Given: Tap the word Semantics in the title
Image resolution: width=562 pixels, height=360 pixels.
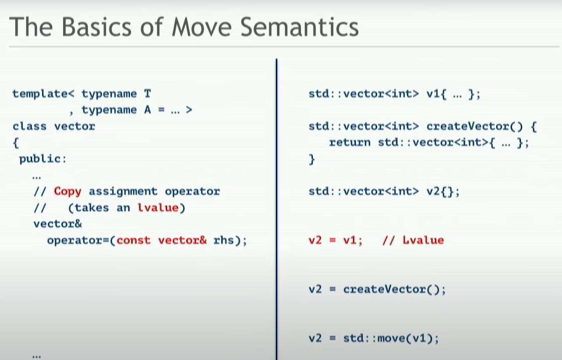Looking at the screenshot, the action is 299,27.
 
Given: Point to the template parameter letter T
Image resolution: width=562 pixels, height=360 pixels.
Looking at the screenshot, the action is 147,94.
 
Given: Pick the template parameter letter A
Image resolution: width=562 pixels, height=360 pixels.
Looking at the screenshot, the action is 147,110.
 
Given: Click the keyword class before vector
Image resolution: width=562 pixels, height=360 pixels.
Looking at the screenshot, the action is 29,126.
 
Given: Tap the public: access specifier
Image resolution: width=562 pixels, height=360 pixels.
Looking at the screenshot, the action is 43,159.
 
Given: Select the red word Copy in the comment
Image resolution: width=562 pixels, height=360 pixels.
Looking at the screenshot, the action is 67,191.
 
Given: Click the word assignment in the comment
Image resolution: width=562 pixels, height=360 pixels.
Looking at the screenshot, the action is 123,191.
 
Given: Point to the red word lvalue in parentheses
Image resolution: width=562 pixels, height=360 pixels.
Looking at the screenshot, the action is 158,208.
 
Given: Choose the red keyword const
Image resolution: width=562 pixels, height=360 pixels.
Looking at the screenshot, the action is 133,240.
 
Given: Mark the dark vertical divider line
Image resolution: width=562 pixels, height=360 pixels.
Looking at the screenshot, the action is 277,209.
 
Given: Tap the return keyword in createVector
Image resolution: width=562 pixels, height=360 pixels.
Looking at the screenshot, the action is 350,143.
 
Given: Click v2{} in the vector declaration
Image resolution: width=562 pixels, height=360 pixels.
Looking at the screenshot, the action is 443,191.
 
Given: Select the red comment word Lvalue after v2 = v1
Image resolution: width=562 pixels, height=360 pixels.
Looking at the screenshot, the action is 423,240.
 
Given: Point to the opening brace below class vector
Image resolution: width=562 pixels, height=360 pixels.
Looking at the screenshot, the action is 16,143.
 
